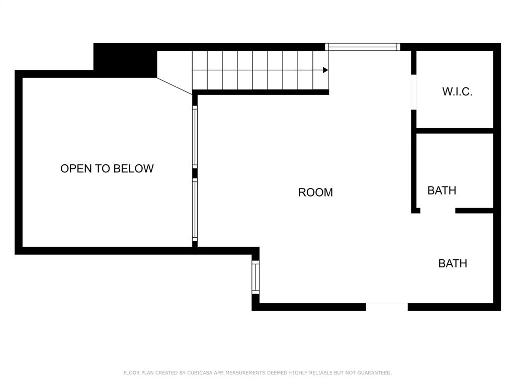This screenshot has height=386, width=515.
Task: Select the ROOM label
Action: click(315, 192)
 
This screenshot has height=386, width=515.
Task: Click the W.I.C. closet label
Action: click(457, 91)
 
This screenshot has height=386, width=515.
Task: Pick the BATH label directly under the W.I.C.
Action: click(442, 190)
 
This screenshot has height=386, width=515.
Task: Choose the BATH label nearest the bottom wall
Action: click(453, 263)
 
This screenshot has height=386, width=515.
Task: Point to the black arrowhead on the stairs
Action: click(325, 70)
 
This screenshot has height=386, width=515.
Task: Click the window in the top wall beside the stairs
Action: click(363, 47)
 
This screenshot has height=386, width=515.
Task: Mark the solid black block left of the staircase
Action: click(125, 60)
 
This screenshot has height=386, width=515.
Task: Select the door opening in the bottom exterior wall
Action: click(386, 307)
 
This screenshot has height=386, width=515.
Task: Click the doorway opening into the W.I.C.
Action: click(413, 92)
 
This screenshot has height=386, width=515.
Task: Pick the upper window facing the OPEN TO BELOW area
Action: click(195, 137)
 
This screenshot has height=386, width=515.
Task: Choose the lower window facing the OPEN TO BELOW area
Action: click(195, 210)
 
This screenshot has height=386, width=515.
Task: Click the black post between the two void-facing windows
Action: click(195, 173)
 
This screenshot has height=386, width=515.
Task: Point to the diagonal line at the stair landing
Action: click(174, 85)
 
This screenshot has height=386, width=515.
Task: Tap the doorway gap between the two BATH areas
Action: click(438, 211)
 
